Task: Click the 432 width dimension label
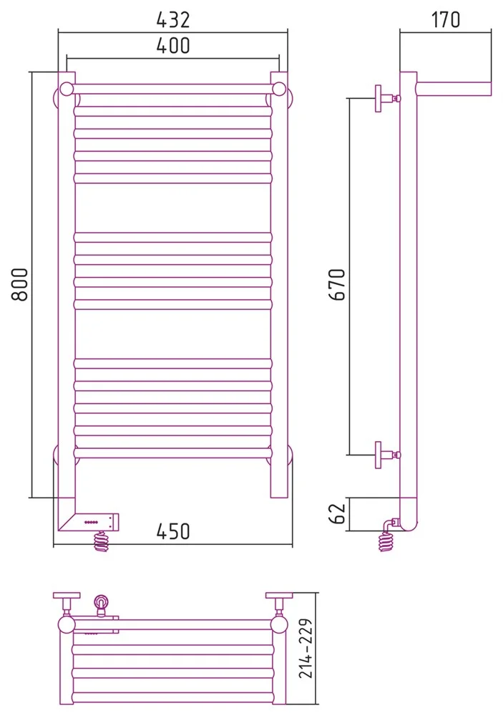pyautogui.click(x=173, y=19)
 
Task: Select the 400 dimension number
pyautogui.click(x=173, y=46)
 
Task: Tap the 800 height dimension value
pyautogui.click(x=20, y=284)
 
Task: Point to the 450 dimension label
pyautogui.click(x=173, y=531)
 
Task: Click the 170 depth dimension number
pyautogui.click(x=446, y=19)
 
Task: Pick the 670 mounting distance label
pyautogui.click(x=338, y=284)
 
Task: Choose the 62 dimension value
pyautogui.click(x=338, y=513)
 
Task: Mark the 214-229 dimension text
pyautogui.click(x=306, y=648)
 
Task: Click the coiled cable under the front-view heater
pyautogui.click(x=102, y=541)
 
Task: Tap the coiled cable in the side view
pyautogui.click(x=386, y=541)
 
